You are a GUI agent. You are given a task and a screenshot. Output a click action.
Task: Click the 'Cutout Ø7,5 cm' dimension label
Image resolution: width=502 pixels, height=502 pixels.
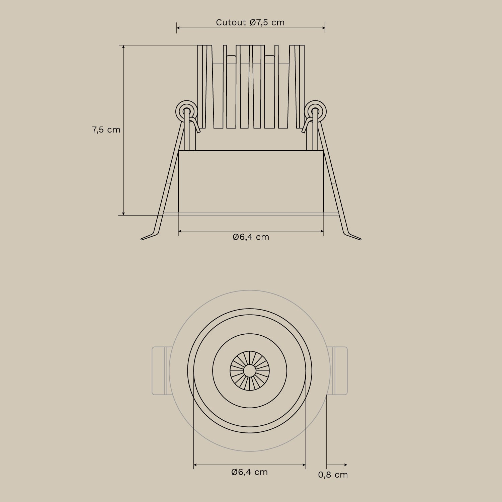click(x=250, y=22)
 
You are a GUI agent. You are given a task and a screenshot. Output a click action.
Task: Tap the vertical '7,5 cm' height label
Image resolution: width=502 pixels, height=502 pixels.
click(x=106, y=130)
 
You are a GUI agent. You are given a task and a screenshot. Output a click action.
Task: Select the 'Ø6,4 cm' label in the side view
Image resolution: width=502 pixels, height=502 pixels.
click(x=251, y=237)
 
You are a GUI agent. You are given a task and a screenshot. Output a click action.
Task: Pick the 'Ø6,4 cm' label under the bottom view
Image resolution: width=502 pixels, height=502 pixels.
click(x=250, y=472)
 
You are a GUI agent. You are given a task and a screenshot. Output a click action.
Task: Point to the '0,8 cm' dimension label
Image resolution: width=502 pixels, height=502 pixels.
click(x=333, y=475)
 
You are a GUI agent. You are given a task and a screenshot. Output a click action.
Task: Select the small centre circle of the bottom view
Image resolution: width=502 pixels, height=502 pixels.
click(x=249, y=371)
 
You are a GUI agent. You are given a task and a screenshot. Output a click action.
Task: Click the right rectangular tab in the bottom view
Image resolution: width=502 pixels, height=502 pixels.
click(x=339, y=371)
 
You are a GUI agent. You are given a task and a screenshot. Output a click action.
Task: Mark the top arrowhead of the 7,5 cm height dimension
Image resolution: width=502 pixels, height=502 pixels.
click(x=123, y=47)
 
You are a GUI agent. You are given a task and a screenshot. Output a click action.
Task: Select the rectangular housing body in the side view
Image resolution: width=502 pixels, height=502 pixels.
click(x=251, y=181)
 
